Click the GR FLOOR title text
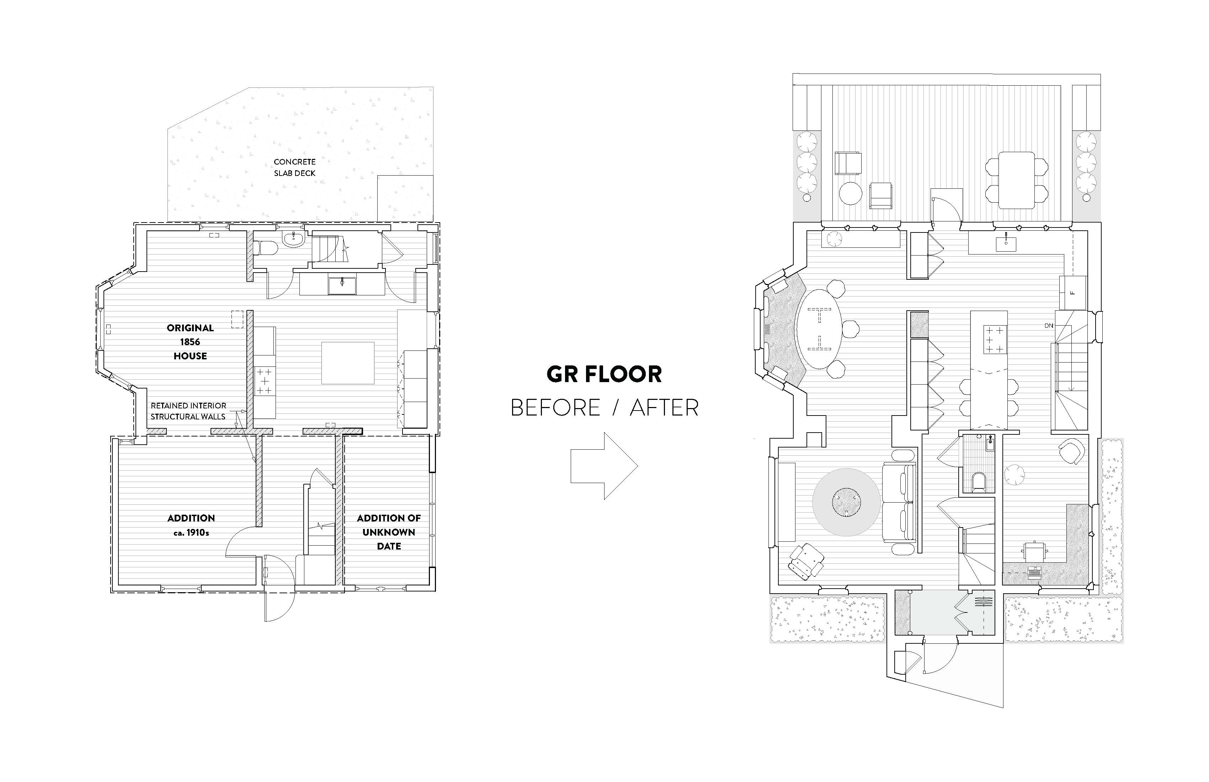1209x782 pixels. point(604,375)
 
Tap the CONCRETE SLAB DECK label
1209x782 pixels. point(295,167)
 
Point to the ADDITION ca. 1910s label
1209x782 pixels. point(191,525)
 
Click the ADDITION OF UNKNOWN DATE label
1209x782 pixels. point(389,532)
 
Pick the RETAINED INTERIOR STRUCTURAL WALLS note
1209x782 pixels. point(188,411)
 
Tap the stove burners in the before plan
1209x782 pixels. point(264,381)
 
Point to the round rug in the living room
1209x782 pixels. point(846,502)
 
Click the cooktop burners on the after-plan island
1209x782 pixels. point(995,339)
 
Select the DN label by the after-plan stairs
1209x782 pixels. point(1049,326)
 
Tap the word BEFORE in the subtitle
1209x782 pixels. point(555,408)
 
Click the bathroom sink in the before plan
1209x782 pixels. point(293,238)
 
